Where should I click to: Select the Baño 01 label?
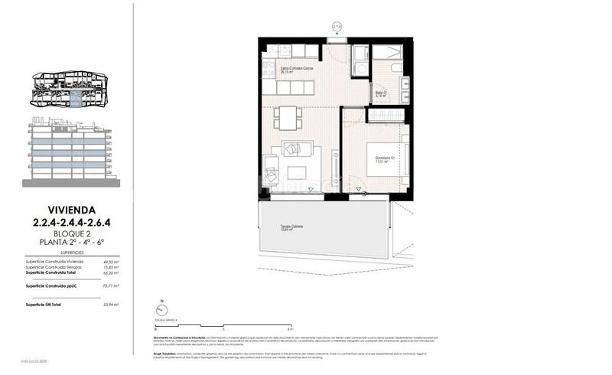(x=380, y=93)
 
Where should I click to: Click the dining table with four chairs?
(x=288, y=117)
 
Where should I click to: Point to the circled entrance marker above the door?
(x=337, y=26)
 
